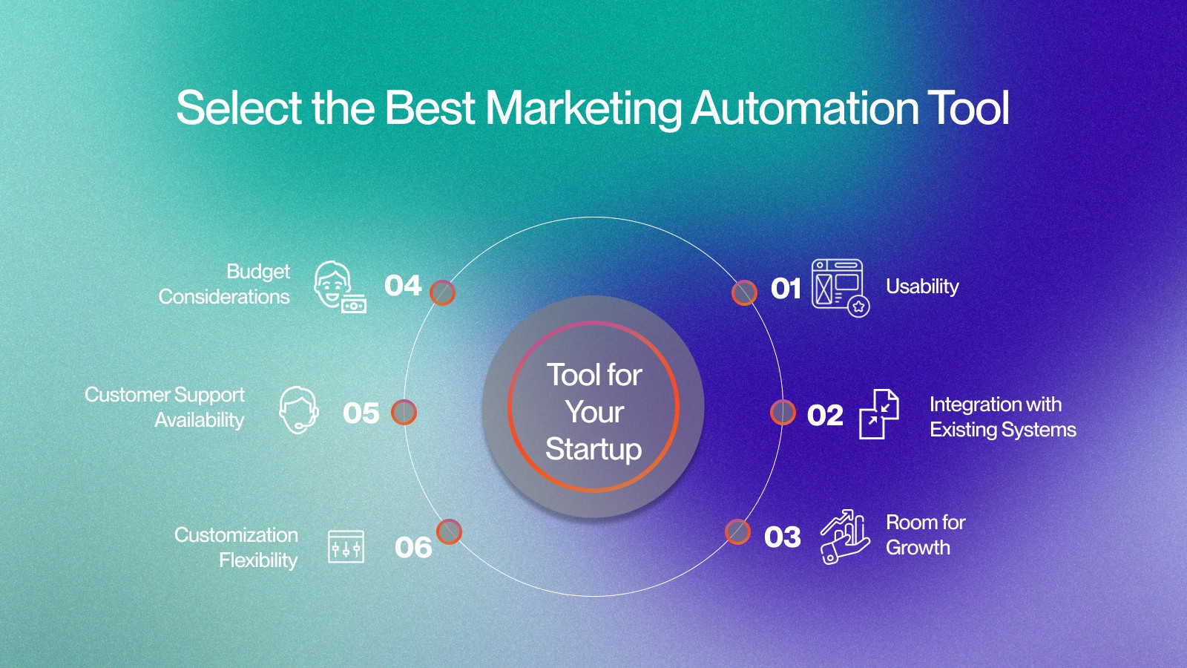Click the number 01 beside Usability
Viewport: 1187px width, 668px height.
[x=786, y=289]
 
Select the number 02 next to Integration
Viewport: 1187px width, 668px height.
[x=825, y=415]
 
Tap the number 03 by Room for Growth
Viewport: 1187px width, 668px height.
[x=782, y=537]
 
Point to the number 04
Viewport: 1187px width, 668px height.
[x=403, y=285]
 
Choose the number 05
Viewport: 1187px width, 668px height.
[x=361, y=413]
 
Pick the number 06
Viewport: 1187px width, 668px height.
[x=413, y=548]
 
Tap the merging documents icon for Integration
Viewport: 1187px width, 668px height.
[x=878, y=414]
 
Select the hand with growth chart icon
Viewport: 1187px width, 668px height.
[x=845, y=537]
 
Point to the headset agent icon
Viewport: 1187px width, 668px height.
[x=299, y=410]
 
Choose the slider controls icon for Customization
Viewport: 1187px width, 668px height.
[x=346, y=546]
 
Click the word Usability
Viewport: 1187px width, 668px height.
[x=923, y=286]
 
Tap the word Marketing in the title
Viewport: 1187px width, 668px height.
[x=583, y=108]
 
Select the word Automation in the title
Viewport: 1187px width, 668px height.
[x=804, y=108]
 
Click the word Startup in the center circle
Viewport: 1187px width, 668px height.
[x=593, y=449]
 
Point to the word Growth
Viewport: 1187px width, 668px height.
[x=918, y=547]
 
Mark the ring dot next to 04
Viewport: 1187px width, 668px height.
[x=442, y=292]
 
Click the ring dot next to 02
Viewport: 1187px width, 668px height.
[x=783, y=413]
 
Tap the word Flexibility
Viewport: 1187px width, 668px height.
[x=259, y=560]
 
